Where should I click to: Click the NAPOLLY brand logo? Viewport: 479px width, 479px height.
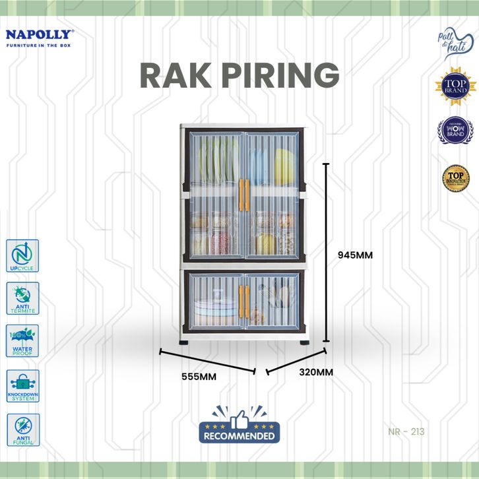(x=40, y=38)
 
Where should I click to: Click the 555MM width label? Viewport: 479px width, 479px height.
(x=199, y=377)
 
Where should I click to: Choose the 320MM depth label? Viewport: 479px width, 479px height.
(x=315, y=372)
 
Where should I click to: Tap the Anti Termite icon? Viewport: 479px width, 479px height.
(x=23, y=298)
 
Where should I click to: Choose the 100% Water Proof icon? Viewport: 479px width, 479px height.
(x=23, y=341)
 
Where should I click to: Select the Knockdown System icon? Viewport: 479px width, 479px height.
(x=23, y=385)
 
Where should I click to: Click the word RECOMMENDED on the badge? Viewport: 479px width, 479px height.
(x=239, y=436)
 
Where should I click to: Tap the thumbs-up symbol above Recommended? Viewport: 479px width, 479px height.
(x=239, y=417)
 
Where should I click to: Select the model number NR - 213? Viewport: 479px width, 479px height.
(x=406, y=433)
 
